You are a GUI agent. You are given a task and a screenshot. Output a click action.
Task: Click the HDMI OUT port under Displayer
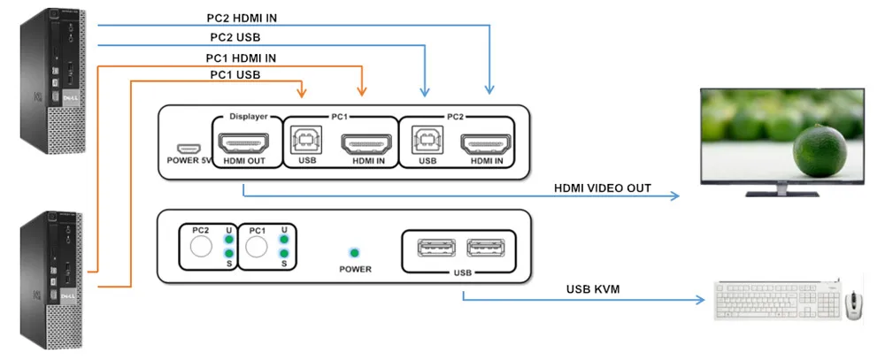click(x=242, y=141)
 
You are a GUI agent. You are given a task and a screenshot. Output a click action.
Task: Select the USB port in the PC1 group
click(x=307, y=140)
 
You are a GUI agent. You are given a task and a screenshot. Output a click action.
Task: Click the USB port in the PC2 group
click(x=427, y=140)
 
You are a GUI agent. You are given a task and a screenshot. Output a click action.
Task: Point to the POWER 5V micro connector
click(x=187, y=148)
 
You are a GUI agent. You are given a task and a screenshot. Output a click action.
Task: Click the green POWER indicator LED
click(x=355, y=253)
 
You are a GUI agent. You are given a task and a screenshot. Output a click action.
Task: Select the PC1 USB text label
click(x=235, y=75)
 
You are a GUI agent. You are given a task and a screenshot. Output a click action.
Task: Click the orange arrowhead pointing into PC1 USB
click(x=303, y=92)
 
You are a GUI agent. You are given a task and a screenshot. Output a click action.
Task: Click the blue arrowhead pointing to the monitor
click(x=674, y=196)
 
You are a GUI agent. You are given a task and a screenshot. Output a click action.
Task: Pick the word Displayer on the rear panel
click(x=248, y=116)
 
